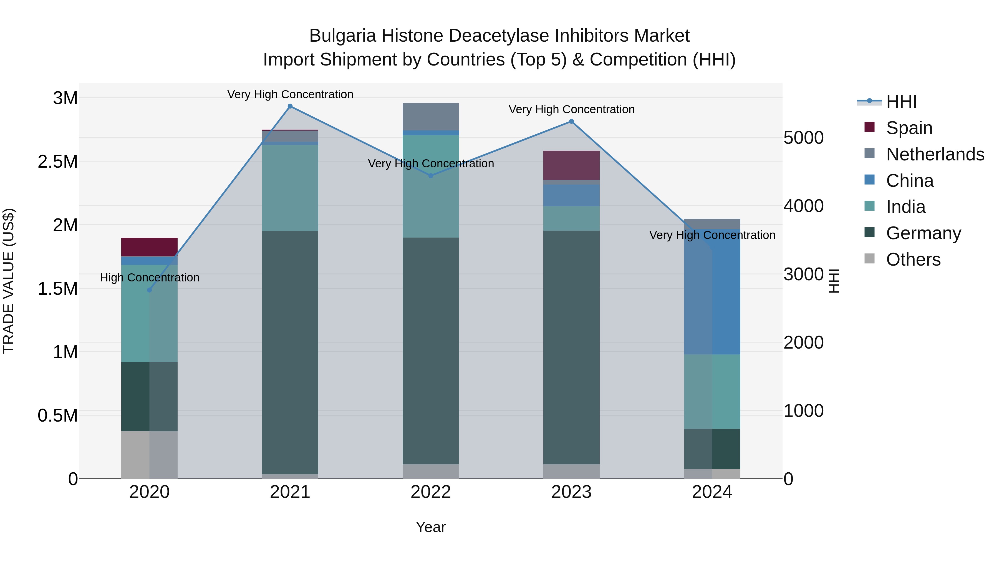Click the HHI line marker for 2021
tap(290, 106)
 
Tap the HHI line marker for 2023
tap(571, 121)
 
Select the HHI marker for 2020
tap(149, 290)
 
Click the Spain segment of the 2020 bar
tap(149, 247)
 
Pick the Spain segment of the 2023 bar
tap(571, 165)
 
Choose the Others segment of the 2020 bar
tap(149, 455)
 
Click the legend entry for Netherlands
tap(935, 154)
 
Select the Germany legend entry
tap(923, 233)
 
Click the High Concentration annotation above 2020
tap(150, 278)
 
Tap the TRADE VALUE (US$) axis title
tap(9, 281)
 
